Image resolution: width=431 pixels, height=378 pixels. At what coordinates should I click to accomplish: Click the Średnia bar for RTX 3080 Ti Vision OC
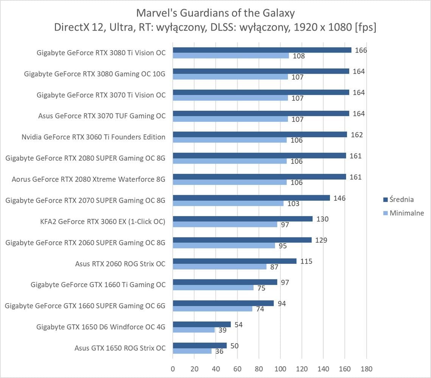[262, 50]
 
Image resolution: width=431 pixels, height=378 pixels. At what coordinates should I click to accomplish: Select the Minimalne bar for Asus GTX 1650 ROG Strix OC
[192, 351]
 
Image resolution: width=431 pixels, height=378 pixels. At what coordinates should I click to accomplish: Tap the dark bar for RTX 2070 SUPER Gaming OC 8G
[251, 198]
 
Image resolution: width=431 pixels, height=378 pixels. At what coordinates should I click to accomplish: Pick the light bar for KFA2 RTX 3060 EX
[225, 225]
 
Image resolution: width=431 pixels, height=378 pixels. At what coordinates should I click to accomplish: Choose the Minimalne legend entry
[403, 213]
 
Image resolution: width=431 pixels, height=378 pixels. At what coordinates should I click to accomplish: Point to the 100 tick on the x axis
[280, 369]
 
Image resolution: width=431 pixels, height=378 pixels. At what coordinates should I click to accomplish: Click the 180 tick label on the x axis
[366, 369]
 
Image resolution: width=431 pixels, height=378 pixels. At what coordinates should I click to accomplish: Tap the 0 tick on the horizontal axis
[173, 369]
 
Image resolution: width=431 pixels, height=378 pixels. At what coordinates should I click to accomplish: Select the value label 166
[361, 50]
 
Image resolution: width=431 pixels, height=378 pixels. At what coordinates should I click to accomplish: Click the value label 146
[340, 198]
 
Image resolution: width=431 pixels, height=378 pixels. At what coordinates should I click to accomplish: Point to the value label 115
[306, 261]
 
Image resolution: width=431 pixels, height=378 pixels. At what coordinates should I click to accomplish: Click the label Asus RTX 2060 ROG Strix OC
[120, 263]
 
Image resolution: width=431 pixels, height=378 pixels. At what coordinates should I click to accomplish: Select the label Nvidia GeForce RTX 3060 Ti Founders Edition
[93, 137]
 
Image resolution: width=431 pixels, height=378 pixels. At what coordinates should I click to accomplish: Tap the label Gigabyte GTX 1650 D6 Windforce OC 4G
[101, 327]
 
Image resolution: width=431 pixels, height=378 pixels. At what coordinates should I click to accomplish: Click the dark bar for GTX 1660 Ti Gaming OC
[225, 282]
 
